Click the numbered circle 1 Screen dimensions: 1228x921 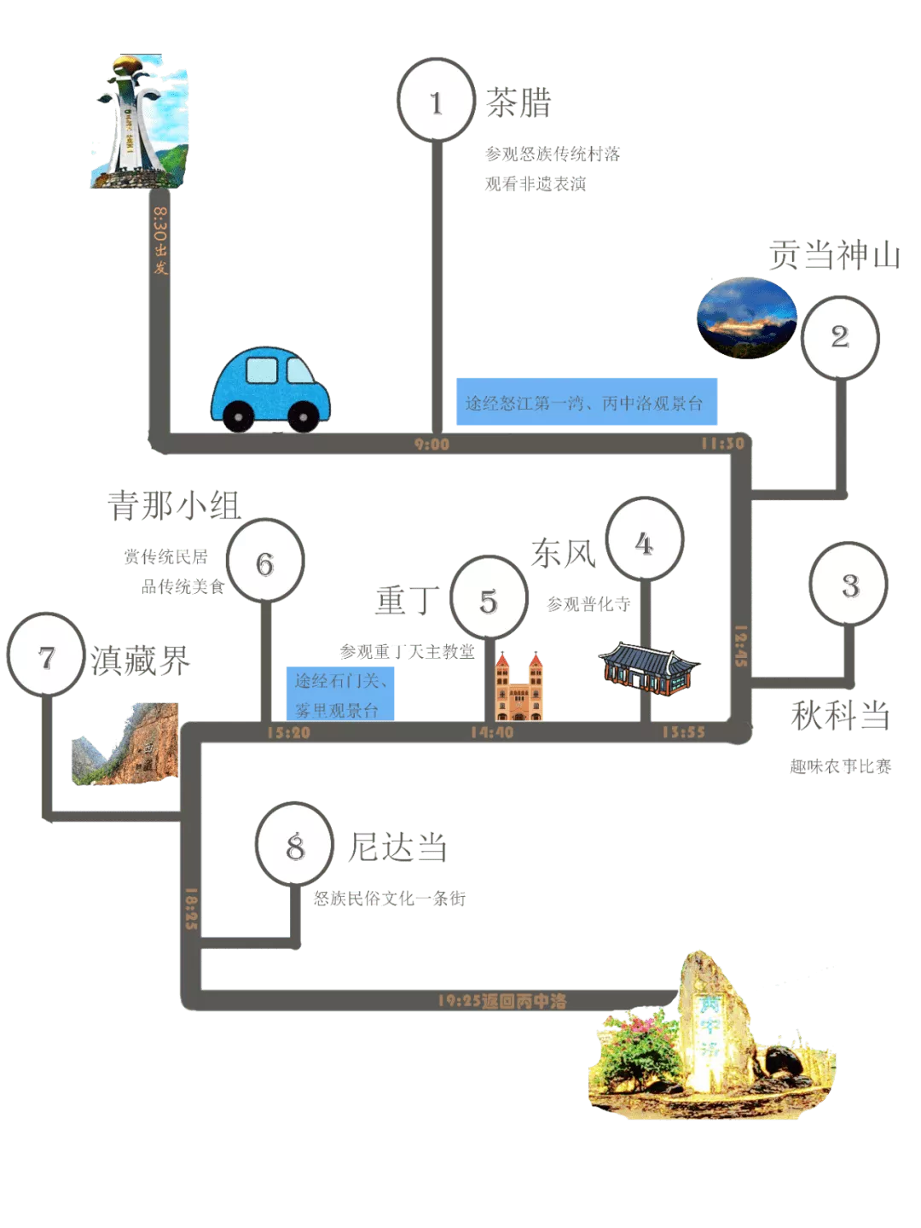(x=436, y=102)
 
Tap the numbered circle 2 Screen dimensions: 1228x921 (x=840, y=336)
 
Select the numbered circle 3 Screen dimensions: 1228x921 (x=849, y=585)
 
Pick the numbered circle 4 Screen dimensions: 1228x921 (x=644, y=542)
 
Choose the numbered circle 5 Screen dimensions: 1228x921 (x=488, y=600)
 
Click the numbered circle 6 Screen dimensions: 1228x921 (x=265, y=562)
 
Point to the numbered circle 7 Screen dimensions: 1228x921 (x=46, y=656)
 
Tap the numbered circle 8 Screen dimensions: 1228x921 (x=294, y=846)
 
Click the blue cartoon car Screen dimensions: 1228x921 (x=269, y=389)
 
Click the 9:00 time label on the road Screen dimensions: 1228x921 (x=432, y=444)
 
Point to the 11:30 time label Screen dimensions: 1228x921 (x=722, y=443)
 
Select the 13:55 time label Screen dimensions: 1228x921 (x=683, y=731)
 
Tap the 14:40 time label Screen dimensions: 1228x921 (x=492, y=731)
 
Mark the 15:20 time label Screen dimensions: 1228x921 (x=288, y=732)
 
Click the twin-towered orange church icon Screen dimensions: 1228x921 (x=518, y=687)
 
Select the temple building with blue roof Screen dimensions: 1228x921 (x=649, y=667)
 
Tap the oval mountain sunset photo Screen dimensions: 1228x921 (x=747, y=317)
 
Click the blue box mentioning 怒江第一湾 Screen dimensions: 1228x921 (x=587, y=403)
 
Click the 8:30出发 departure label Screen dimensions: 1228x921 (x=159, y=241)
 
